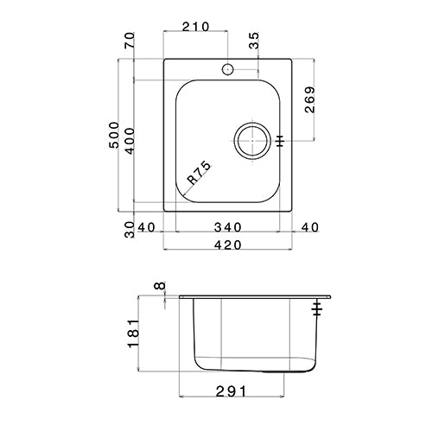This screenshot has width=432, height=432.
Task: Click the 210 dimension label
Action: tap(195, 27)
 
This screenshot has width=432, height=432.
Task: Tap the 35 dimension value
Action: tap(254, 41)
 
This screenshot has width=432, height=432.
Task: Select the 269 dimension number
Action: tap(310, 99)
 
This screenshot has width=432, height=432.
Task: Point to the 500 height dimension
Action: tap(114, 135)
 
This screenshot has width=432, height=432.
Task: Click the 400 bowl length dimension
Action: tap(130, 141)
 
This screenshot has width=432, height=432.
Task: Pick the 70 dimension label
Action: tap(130, 41)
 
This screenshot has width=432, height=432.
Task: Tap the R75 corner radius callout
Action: tap(200, 173)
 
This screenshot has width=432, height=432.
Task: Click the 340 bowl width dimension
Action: tap(227, 227)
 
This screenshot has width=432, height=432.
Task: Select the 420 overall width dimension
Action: tap(227, 245)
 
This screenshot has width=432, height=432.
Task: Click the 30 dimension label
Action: tap(130, 230)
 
